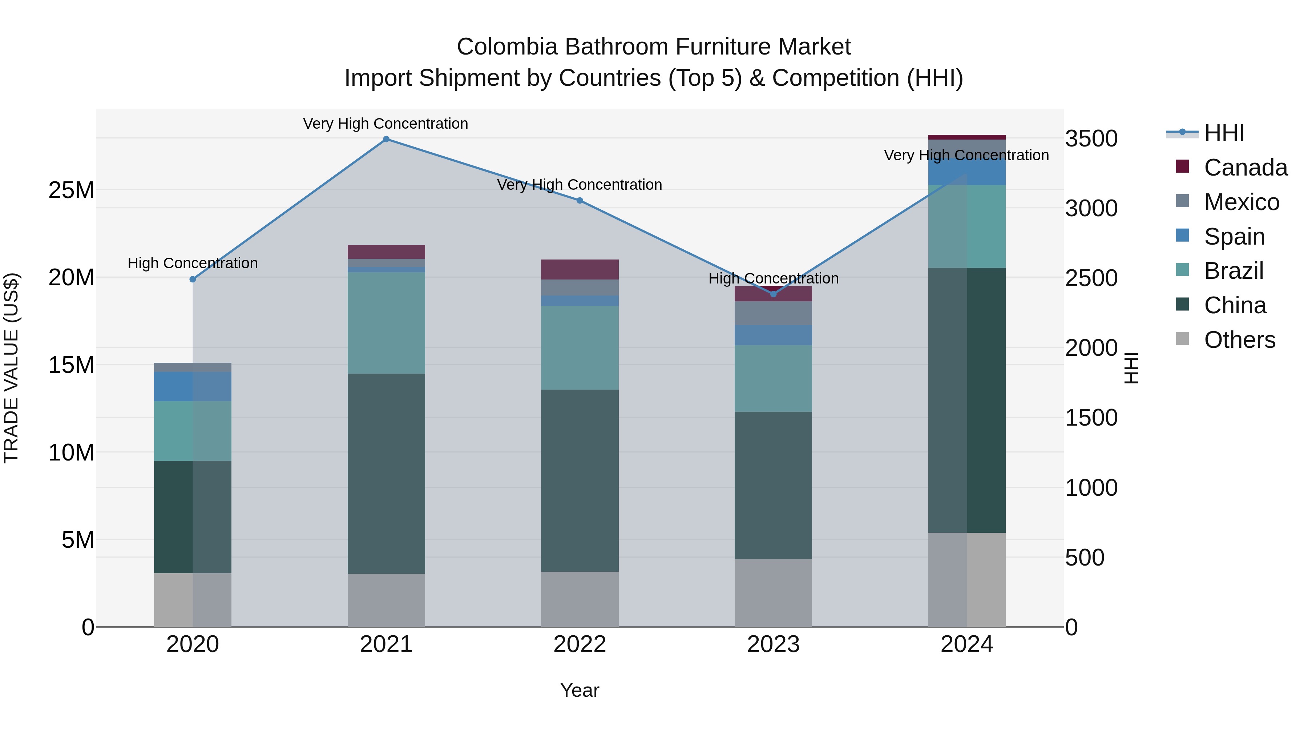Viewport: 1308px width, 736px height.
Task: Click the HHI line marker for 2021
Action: click(x=386, y=139)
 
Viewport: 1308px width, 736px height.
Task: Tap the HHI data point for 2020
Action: click(x=193, y=279)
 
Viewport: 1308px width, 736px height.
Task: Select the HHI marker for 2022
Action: click(x=580, y=201)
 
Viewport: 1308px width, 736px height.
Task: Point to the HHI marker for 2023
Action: click(x=773, y=294)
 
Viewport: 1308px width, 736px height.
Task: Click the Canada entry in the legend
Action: click(x=1245, y=168)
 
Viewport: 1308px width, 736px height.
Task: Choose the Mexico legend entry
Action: click(x=1241, y=202)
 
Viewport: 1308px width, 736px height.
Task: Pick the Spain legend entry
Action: click(x=1234, y=237)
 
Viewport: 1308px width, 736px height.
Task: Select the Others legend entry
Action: click(x=1239, y=340)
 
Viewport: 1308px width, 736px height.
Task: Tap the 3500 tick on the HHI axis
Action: click(x=1091, y=139)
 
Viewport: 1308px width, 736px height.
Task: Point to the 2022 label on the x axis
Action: click(x=580, y=644)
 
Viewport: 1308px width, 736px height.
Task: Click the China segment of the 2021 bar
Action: click(x=386, y=473)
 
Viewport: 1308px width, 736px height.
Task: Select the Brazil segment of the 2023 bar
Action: click(x=773, y=378)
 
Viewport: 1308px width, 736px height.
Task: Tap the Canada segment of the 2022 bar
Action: click(x=580, y=269)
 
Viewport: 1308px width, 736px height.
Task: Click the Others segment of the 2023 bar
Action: click(x=773, y=593)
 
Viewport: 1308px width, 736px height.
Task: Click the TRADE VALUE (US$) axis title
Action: click(x=11, y=368)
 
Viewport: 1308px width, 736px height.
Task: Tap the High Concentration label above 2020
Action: click(x=193, y=263)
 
